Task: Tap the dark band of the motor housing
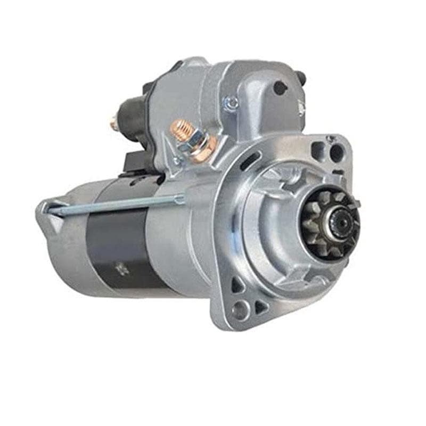pyautogui.click(x=114, y=245)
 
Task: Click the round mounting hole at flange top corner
pyautogui.click(x=337, y=153)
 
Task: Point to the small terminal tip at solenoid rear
pyautogui.click(x=113, y=123)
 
